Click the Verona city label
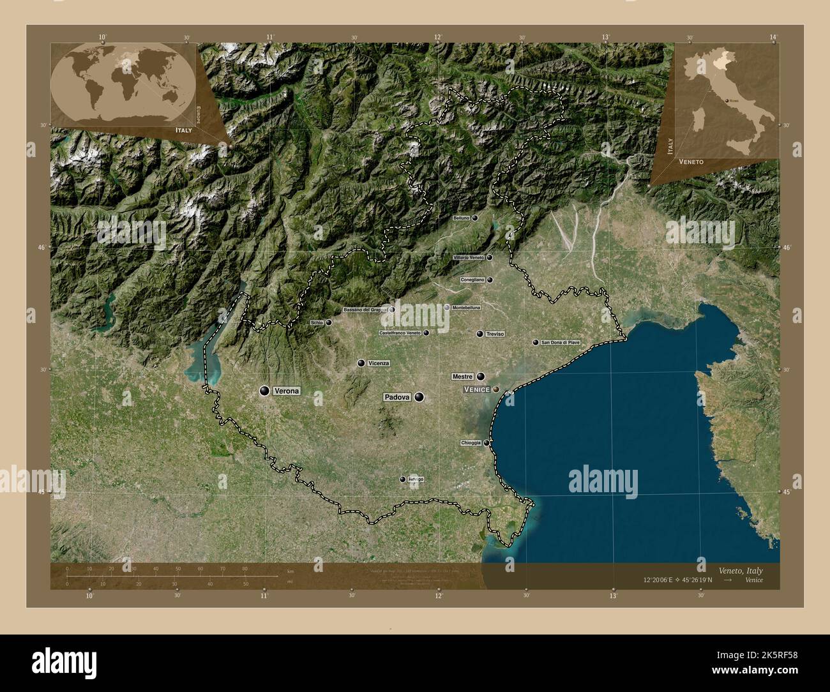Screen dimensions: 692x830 click(286, 391)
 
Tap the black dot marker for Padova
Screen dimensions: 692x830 click(419, 397)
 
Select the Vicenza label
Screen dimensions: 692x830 click(379, 363)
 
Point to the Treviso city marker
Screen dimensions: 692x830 click(479, 334)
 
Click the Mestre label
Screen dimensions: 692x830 click(462, 377)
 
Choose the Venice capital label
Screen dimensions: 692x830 click(476, 389)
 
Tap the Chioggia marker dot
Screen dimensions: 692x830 click(487, 443)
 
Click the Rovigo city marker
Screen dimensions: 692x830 click(403, 479)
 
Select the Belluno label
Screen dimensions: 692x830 click(461, 218)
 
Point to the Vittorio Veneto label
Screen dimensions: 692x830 click(469, 258)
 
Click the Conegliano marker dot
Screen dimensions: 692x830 click(490, 280)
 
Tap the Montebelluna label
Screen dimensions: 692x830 click(466, 308)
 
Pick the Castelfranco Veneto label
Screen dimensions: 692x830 click(400, 333)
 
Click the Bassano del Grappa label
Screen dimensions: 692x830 click(366, 310)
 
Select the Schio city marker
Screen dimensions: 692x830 click(329, 323)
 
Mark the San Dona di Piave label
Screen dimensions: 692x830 click(561, 343)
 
